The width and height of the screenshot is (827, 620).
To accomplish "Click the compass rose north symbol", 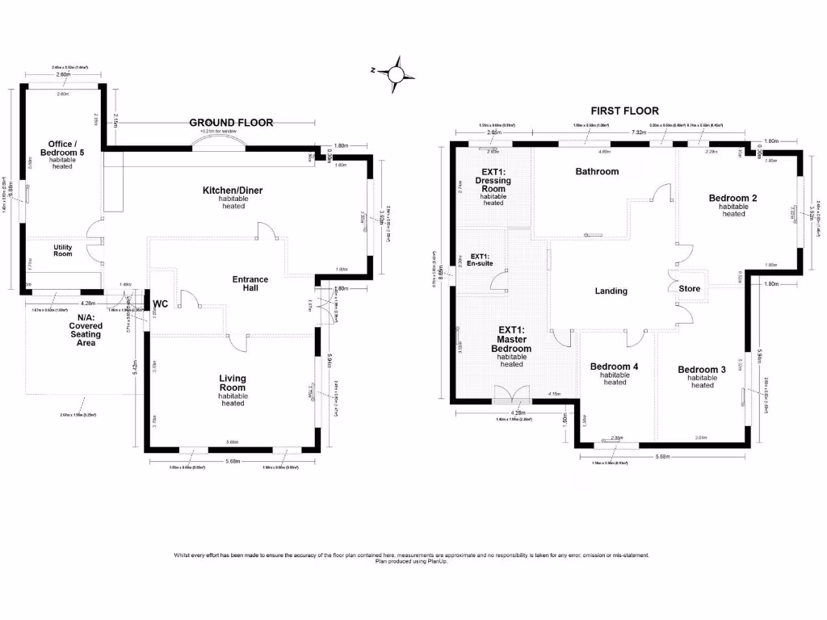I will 396,72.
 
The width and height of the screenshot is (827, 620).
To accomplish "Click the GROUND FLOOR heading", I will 231,123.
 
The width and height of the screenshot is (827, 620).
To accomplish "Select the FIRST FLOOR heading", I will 624,111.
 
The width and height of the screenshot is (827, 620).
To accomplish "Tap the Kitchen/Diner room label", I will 233,191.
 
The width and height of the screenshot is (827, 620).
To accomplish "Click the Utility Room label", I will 63,250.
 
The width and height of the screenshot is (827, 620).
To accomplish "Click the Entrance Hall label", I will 250,284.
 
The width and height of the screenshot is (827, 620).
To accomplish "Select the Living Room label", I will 233,383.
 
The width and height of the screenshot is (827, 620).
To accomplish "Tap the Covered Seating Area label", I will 86,329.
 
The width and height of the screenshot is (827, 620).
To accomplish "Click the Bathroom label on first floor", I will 597,171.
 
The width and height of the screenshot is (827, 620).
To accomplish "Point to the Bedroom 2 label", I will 733,198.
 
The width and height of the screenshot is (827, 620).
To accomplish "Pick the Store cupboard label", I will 690,289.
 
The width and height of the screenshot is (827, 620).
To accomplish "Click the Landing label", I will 611,291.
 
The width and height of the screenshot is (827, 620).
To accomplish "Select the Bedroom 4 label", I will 614,367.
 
